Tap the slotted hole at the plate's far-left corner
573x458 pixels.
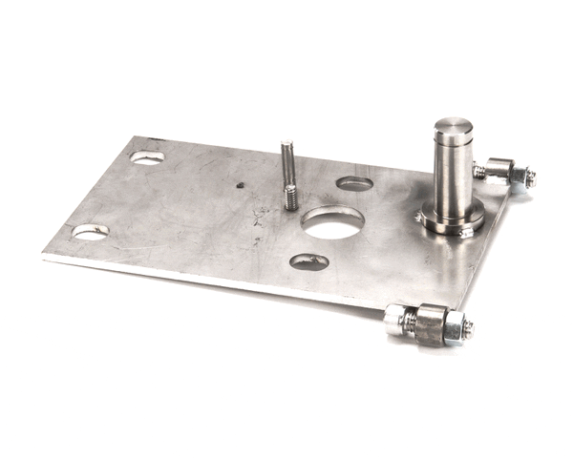click(x=147, y=157)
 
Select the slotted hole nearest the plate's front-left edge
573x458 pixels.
click(x=90, y=232)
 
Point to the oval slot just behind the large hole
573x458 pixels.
click(x=354, y=183)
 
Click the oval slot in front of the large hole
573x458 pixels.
click(x=309, y=261)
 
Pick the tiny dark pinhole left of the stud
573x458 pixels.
click(x=241, y=186)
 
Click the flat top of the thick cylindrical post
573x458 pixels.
click(x=453, y=126)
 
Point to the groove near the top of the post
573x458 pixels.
click(x=453, y=143)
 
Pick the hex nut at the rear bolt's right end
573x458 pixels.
click(x=522, y=177)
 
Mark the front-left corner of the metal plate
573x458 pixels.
click(x=44, y=255)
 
